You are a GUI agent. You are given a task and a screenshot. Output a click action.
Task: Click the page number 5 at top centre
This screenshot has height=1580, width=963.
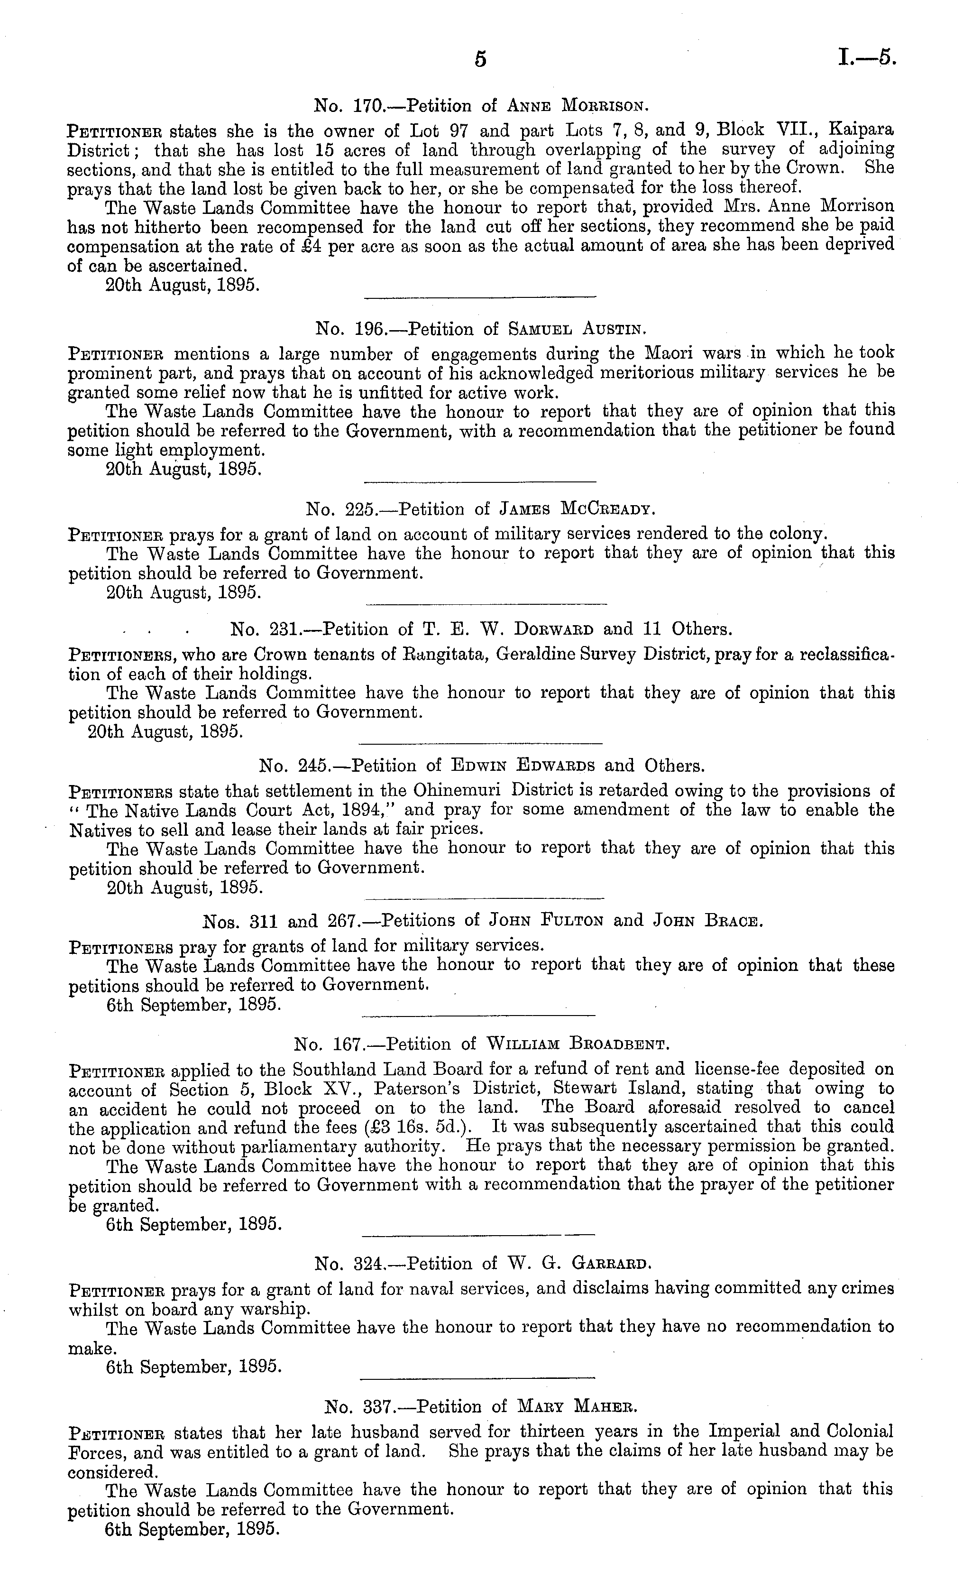click(480, 60)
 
